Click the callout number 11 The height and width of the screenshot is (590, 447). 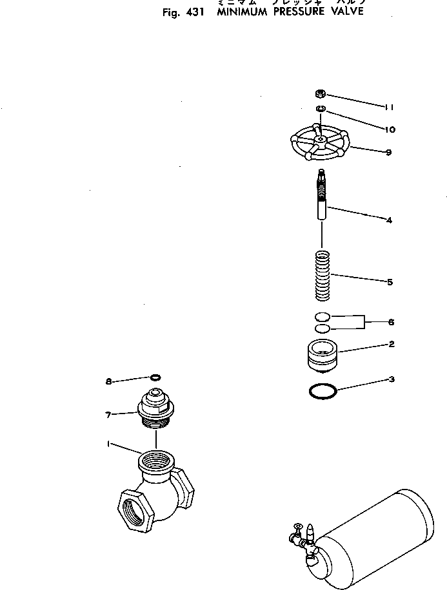point(389,107)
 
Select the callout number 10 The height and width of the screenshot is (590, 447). point(389,129)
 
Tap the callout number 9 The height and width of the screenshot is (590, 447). point(388,153)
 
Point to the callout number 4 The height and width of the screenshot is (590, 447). point(389,220)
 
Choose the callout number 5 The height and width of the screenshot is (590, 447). point(390,282)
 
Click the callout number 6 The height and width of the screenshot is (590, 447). point(391,322)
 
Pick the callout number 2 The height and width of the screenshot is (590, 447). point(391,345)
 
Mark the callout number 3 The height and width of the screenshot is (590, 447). point(391,379)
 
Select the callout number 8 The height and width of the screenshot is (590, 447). point(109,381)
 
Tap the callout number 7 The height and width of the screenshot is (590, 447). point(109,415)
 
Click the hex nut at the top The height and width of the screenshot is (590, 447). point(321,94)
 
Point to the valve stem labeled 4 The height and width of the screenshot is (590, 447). point(323,200)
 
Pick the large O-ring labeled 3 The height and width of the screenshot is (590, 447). point(322,390)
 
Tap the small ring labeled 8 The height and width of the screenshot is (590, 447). point(155,377)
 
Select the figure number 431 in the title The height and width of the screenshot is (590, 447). point(194,12)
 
